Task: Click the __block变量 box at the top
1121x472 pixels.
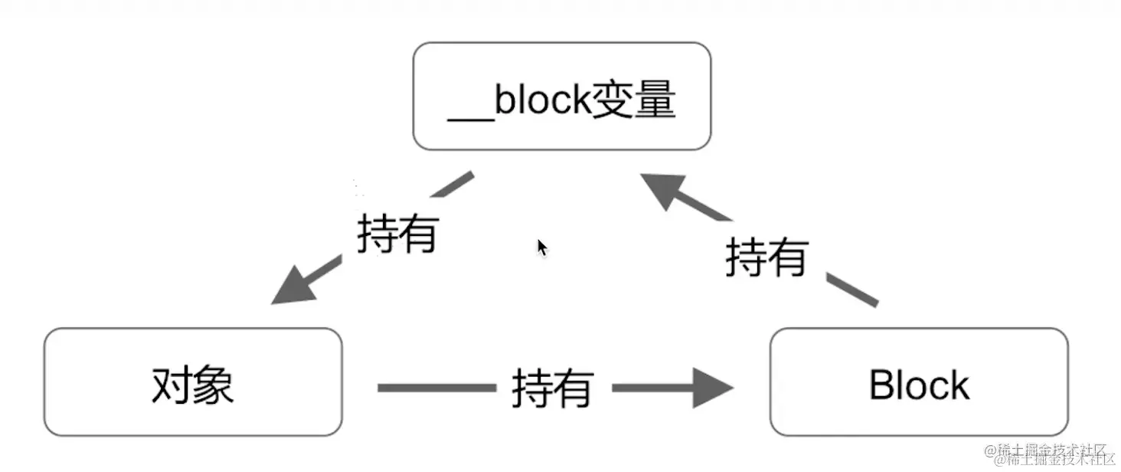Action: point(561,97)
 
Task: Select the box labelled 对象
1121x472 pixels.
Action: point(192,382)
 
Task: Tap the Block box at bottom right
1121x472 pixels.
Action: point(918,382)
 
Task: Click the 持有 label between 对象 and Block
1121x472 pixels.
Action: point(552,388)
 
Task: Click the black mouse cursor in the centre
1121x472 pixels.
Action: point(541,247)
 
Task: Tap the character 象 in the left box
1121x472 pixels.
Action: point(213,385)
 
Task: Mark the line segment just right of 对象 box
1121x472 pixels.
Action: point(436,388)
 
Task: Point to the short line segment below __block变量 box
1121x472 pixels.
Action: point(456,183)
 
